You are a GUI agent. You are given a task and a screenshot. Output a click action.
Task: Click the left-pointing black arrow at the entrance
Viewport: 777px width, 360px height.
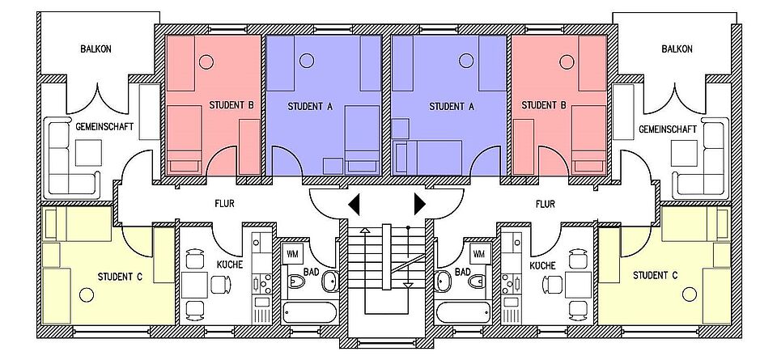(x=354, y=205)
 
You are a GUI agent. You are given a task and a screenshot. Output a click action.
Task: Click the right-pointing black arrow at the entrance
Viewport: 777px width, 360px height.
(x=420, y=205)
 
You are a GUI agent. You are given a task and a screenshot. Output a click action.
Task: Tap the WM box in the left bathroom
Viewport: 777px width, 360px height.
(x=291, y=254)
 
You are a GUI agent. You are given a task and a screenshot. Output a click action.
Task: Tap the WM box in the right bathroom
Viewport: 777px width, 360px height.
(x=478, y=254)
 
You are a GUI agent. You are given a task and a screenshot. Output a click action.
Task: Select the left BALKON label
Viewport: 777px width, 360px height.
(x=96, y=49)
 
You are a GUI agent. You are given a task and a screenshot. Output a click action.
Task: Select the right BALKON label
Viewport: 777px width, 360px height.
(x=677, y=49)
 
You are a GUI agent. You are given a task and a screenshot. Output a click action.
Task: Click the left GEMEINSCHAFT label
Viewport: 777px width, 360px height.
(x=104, y=127)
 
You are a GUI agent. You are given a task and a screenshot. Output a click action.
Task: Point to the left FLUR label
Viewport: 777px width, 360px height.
(x=224, y=203)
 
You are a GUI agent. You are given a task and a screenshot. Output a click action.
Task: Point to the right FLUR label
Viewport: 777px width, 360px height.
(x=545, y=203)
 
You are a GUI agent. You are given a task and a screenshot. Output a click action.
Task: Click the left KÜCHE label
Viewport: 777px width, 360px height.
(x=229, y=265)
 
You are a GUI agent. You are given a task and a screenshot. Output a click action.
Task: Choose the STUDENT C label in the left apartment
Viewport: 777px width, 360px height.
(x=120, y=277)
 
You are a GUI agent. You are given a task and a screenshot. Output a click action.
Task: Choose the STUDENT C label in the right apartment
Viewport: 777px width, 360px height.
(x=655, y=275)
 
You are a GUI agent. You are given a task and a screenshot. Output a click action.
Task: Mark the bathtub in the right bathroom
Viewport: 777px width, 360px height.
(x=463, y=312)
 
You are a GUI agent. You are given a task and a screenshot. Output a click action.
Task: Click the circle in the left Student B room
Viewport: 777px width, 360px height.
(x=206, y=62)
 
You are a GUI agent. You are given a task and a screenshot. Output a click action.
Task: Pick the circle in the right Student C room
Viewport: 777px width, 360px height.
(x=690, y=294)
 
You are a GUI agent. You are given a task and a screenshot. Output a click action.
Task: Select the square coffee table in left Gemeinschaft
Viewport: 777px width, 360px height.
(x=89, y=153)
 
